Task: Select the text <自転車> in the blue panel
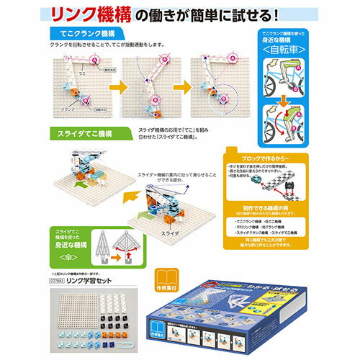[292, 53]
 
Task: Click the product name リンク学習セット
[91, 283]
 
